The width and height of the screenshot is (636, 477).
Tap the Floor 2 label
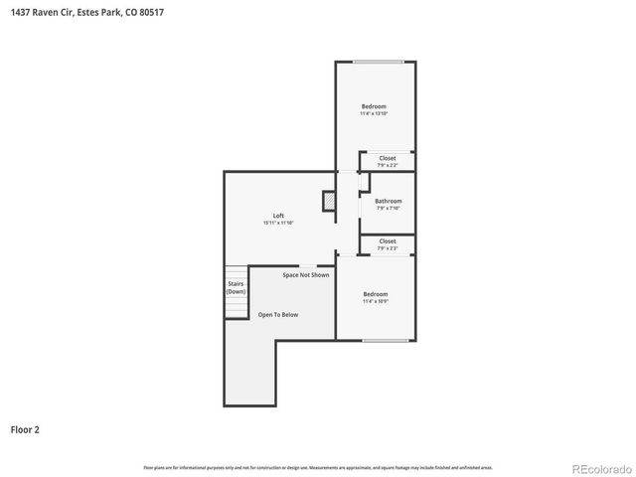25,430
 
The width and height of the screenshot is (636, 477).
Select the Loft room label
278,216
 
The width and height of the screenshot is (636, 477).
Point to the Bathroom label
388,201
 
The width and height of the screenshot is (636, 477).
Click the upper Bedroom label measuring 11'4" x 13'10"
374,106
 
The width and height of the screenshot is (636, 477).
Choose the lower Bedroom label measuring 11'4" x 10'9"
375,294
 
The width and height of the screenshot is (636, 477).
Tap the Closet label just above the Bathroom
388,158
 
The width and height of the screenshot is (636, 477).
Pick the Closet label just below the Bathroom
388,240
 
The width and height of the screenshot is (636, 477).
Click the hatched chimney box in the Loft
329,202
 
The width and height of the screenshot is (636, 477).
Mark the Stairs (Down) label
236,287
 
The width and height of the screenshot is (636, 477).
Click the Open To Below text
278,314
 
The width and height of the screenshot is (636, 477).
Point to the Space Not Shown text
305,274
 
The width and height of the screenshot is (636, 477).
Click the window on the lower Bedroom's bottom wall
384,341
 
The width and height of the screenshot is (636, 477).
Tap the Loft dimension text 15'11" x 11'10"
278,224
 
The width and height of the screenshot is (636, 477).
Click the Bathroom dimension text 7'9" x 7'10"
388,209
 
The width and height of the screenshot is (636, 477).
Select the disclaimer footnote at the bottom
318,466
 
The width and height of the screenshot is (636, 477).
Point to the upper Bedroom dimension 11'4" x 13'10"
374,114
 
